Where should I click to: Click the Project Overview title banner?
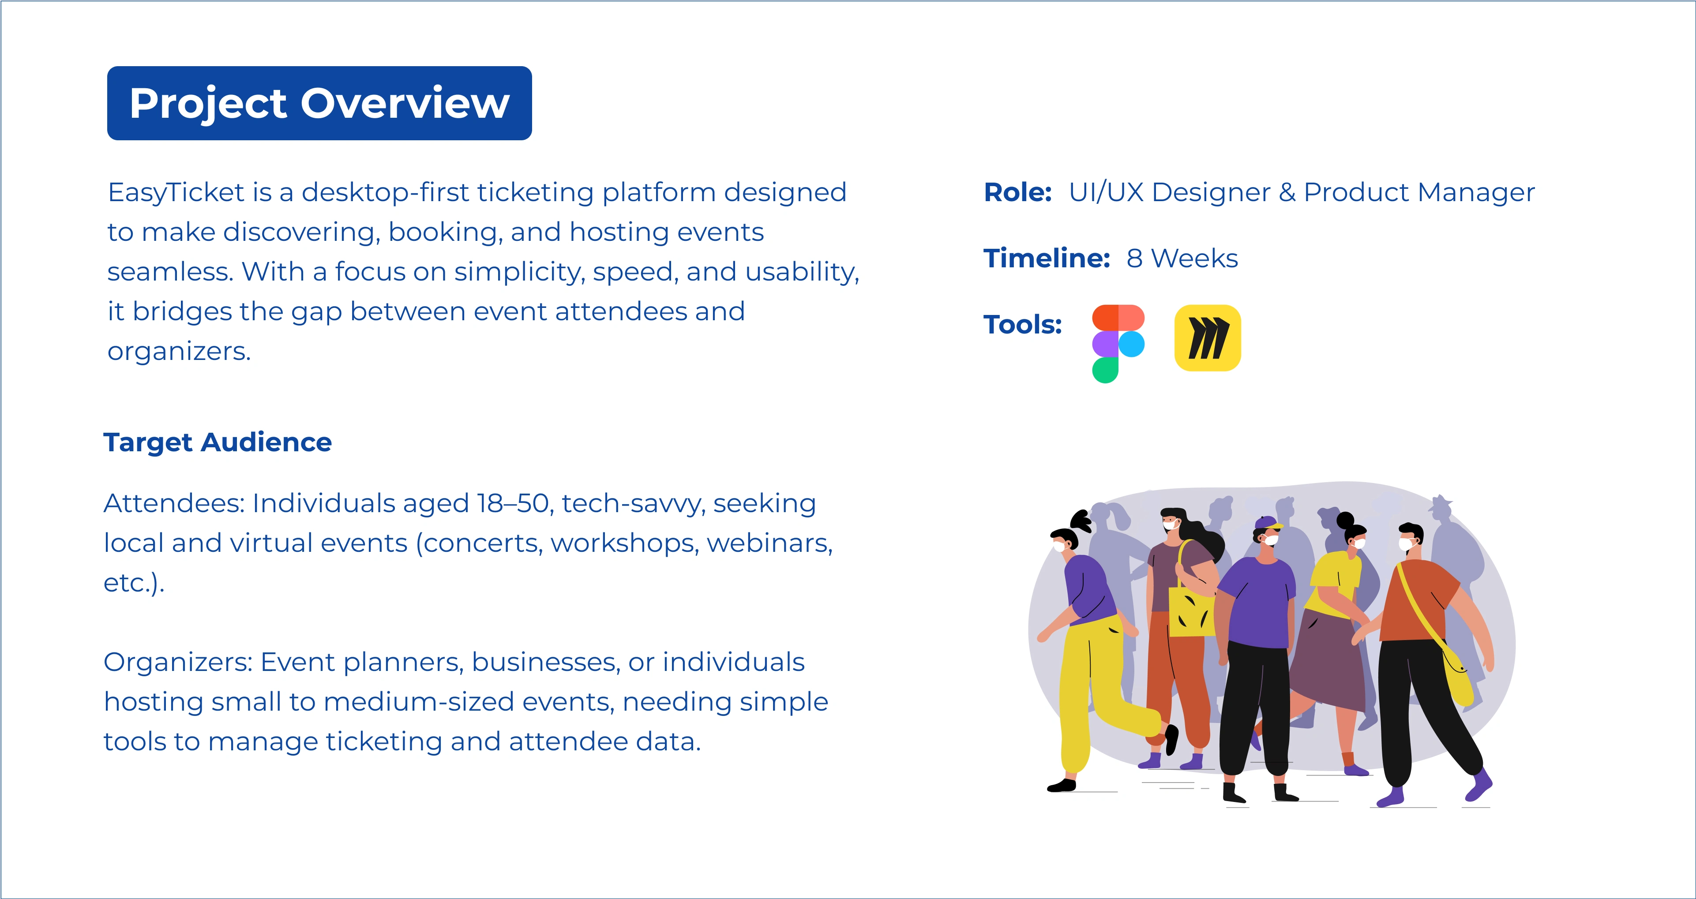click(319, 103)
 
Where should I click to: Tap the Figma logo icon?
click(1118, 344)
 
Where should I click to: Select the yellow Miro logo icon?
click(1208, 337)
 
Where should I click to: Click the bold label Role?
click(1018, 192)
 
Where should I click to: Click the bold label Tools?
click(1022, 325)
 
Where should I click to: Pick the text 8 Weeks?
click(1182, 258)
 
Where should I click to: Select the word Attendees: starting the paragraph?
click(174, 503)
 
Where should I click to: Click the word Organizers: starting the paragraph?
click(178, 663)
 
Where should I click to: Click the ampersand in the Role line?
click(1287, 192)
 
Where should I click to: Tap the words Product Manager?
click(1419, 193)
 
